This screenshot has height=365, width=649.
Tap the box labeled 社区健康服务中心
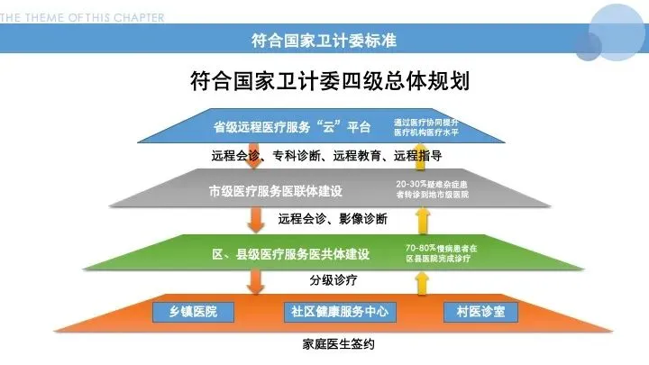[x=339, y=312]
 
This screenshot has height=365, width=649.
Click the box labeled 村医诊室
[x=480, y=312]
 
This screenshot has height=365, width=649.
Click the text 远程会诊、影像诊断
[x=333, y=218]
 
